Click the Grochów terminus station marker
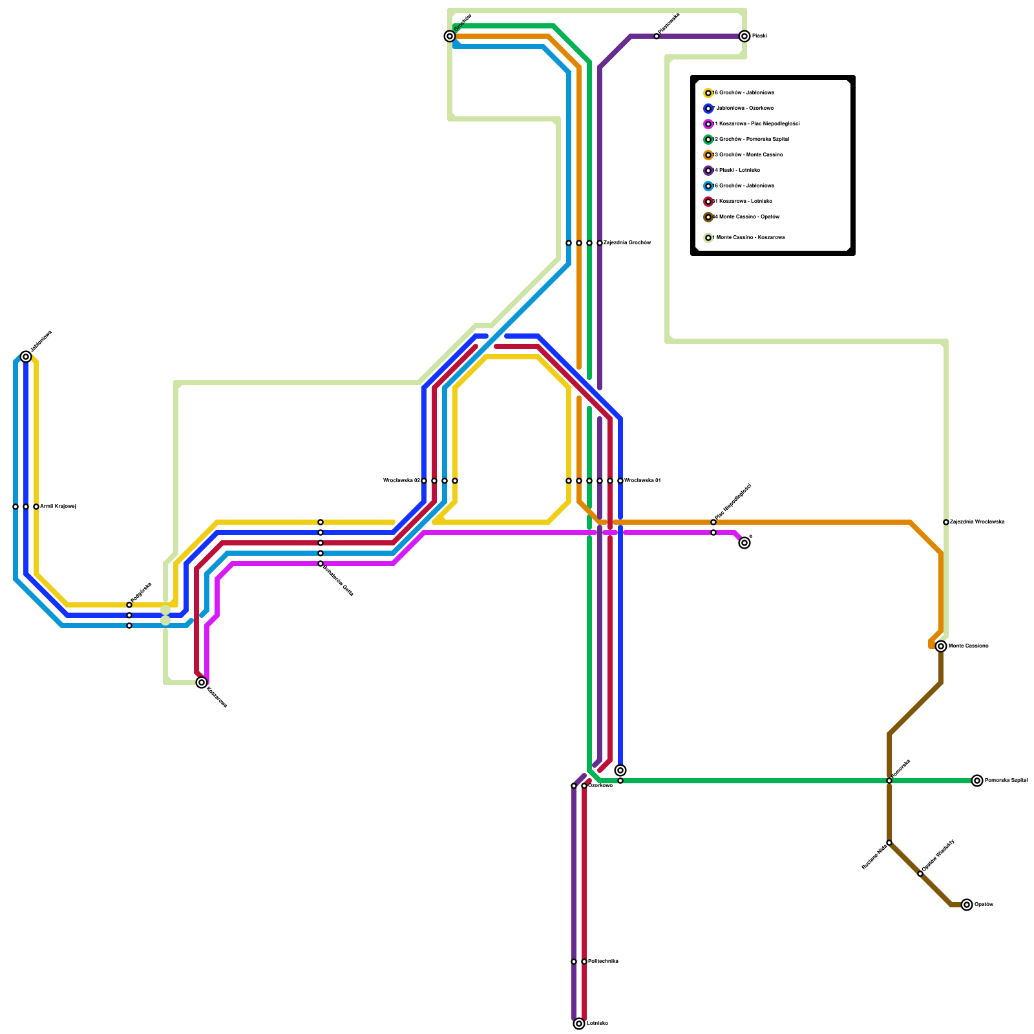point(450,36)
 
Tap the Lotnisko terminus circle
point(579,1024)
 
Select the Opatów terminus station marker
point(967,905)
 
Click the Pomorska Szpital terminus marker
point(977,781)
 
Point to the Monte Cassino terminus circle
point(941,646)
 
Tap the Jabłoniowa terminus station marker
point(26,357)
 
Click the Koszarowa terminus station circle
point(202,682)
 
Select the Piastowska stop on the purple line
point(657,36)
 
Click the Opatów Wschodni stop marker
point(920,874)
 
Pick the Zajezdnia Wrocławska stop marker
point(946,522)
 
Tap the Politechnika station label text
point(603,962)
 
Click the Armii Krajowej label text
point(58,507)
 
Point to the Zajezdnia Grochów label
point(627,243)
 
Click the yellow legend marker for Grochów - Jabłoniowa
point(708,93)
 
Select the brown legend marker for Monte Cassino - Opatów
point(708,217)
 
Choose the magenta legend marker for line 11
point(708,124)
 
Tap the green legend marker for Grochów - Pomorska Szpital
point(708,140)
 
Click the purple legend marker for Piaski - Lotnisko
point(708,171)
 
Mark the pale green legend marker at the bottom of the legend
point(708,238)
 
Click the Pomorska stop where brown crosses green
point(889,781)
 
